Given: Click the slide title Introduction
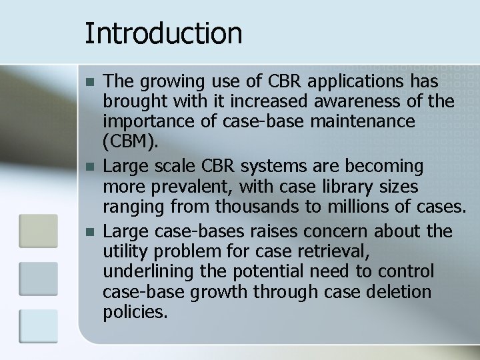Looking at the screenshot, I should [x=163, y=33].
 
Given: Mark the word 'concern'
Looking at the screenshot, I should [x=339, y=231].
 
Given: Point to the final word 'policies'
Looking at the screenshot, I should [x=135, y=312].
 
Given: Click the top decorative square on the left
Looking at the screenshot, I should [x=38, y=230].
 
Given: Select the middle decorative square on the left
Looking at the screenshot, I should [x=38, y=278].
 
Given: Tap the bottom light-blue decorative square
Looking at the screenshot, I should [x=38, y=325].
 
